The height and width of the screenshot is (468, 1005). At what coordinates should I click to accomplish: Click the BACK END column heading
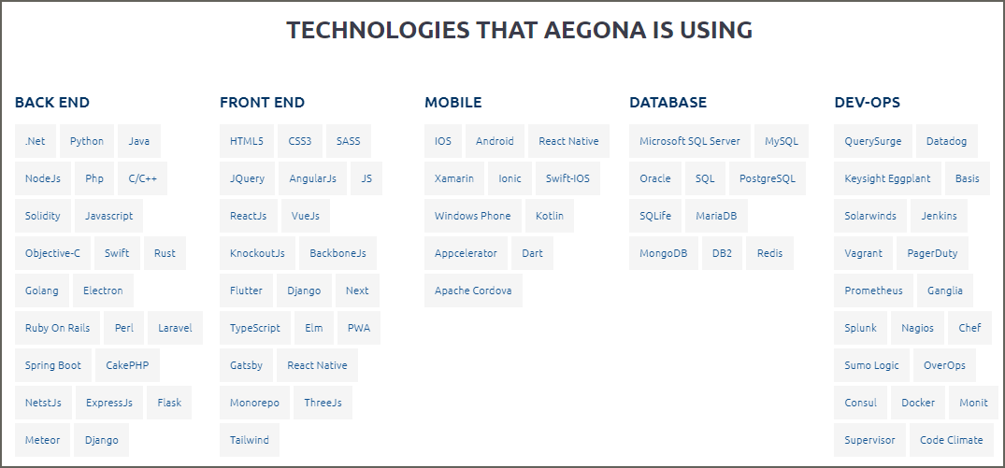point(52,103)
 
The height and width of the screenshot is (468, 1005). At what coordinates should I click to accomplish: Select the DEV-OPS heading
point(868,103)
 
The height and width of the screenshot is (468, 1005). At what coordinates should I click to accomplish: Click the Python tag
point(87,141)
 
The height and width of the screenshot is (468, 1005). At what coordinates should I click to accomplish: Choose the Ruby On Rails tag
point(57,328)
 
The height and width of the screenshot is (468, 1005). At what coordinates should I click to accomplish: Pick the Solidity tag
point(42,216)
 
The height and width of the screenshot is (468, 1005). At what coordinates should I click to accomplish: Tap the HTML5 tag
point(247,141)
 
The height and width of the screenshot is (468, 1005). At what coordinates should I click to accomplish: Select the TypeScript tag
point(255,328)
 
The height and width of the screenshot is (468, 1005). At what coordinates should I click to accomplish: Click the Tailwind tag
point(250,440)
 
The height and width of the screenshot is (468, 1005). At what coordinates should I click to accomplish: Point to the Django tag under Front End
point(304,291)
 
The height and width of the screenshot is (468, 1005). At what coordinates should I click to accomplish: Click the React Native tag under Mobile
point(568,141)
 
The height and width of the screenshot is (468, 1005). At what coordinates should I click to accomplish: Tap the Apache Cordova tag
point(473,291)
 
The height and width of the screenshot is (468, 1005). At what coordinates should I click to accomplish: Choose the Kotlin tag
point(550,216)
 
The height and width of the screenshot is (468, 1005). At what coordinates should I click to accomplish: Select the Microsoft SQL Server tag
point(690,141)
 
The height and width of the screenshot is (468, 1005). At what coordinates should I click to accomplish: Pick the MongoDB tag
point(664,253)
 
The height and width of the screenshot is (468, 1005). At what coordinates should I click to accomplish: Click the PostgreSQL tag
point(768,178)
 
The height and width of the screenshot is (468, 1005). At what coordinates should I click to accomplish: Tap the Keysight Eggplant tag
point(888,178)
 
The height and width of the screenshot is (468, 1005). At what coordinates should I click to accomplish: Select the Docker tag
point(918,403)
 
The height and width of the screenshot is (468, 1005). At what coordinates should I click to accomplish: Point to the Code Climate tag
point(951,440)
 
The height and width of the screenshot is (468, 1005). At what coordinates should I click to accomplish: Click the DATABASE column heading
point(668,103)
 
